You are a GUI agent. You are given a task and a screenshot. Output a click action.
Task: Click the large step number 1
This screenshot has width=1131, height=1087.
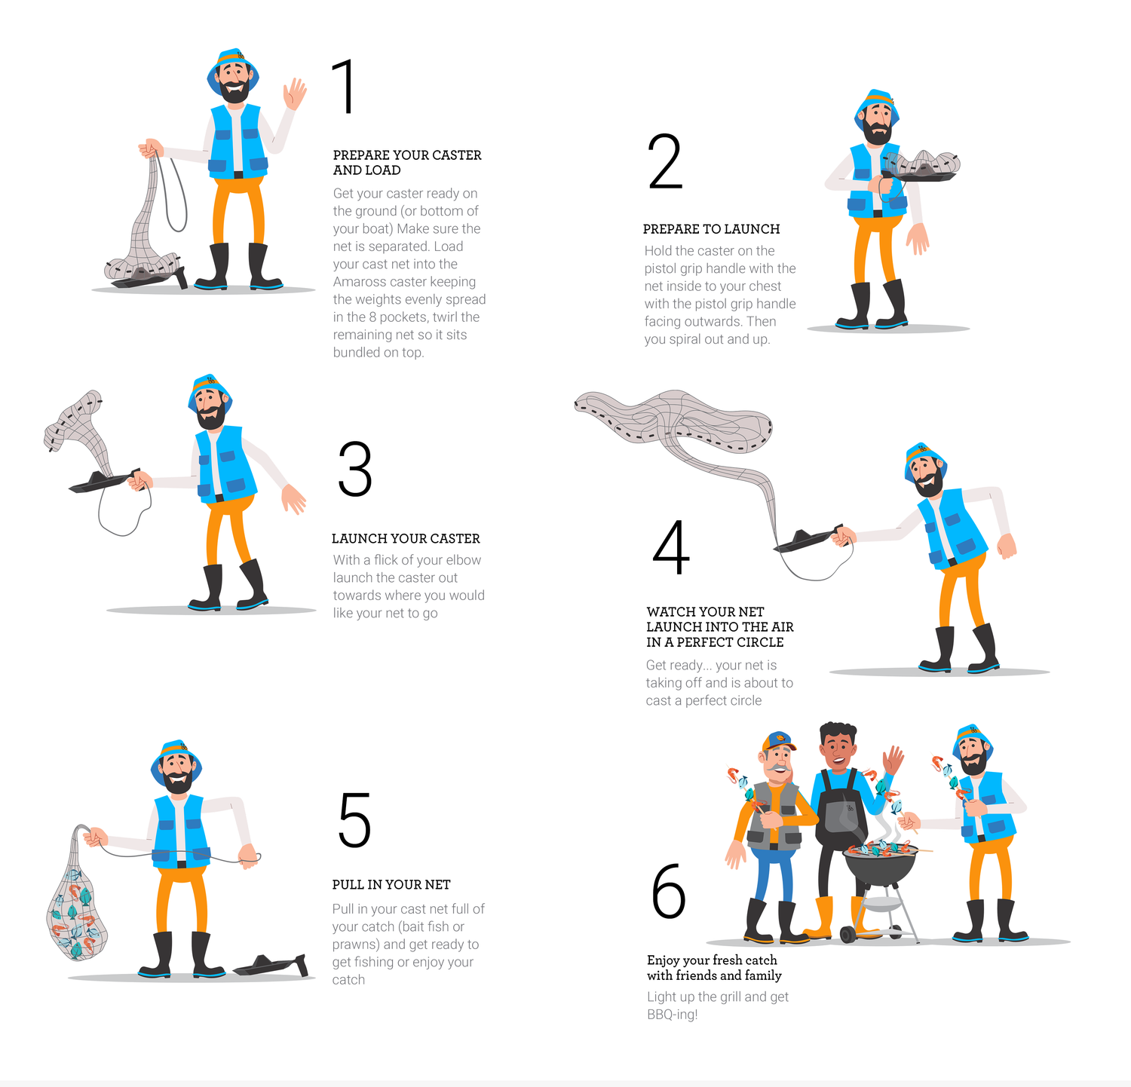344,87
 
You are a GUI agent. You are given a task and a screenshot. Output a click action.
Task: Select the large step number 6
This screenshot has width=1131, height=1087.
669,891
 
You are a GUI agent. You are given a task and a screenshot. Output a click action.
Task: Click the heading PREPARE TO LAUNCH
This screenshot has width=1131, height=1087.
711,229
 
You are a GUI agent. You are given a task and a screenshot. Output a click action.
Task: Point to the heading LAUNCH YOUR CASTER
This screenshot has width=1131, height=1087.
406,538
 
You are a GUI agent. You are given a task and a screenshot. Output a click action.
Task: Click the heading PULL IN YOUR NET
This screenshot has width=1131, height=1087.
391,884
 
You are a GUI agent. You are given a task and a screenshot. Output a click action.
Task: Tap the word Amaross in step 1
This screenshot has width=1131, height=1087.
358,282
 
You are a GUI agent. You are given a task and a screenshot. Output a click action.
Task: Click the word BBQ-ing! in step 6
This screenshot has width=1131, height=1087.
673,1015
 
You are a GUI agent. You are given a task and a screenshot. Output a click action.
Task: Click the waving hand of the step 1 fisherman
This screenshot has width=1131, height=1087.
294,94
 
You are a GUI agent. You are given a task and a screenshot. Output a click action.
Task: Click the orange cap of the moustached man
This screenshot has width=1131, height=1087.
778,743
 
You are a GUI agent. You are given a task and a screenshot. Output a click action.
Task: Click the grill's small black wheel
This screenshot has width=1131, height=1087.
847,935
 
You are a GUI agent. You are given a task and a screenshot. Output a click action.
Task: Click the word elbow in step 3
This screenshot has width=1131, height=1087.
463,560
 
